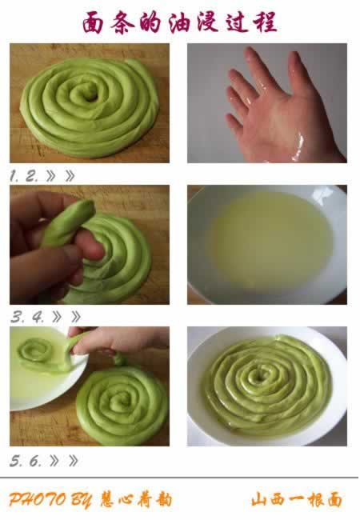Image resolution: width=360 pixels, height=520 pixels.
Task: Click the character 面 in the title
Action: (x=93, y=22)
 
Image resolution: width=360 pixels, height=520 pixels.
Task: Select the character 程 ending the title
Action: (x=265, y=22)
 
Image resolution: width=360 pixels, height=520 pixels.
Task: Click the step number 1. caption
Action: (x=14, y=176)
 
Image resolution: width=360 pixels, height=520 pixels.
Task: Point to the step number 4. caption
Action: (x=38, y=318)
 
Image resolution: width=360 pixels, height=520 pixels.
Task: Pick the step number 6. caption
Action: (x=35, y=461)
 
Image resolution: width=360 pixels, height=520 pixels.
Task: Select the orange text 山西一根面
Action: (x=297, y=500)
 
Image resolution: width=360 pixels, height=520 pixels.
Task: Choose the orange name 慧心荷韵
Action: (x=136, y=500)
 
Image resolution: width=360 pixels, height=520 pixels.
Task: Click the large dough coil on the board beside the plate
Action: (x=122, y=406)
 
